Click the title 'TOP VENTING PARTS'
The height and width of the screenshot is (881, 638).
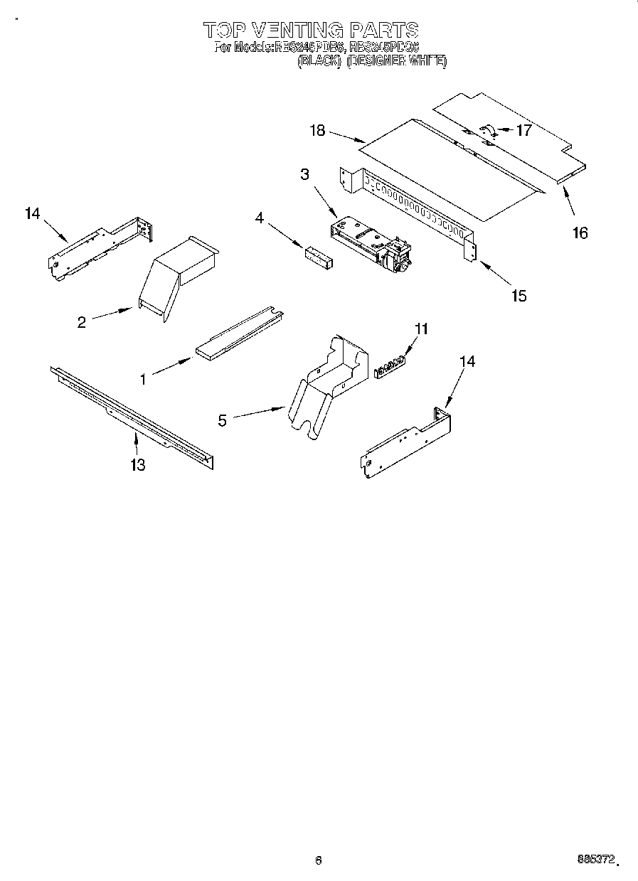coord(311,30)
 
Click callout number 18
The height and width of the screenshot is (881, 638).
coord(317,130)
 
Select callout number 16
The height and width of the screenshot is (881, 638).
coord(580,232)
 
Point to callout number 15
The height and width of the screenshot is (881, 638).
coord(519,295)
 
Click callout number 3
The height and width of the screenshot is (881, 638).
coord(304,174)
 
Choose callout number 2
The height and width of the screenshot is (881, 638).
coord(82,322)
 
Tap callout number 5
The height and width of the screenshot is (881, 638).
coord(223,420)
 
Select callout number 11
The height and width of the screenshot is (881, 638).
coord(422,329)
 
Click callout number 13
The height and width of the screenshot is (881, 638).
coord(137,465)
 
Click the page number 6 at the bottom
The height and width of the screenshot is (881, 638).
coord(319,860)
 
